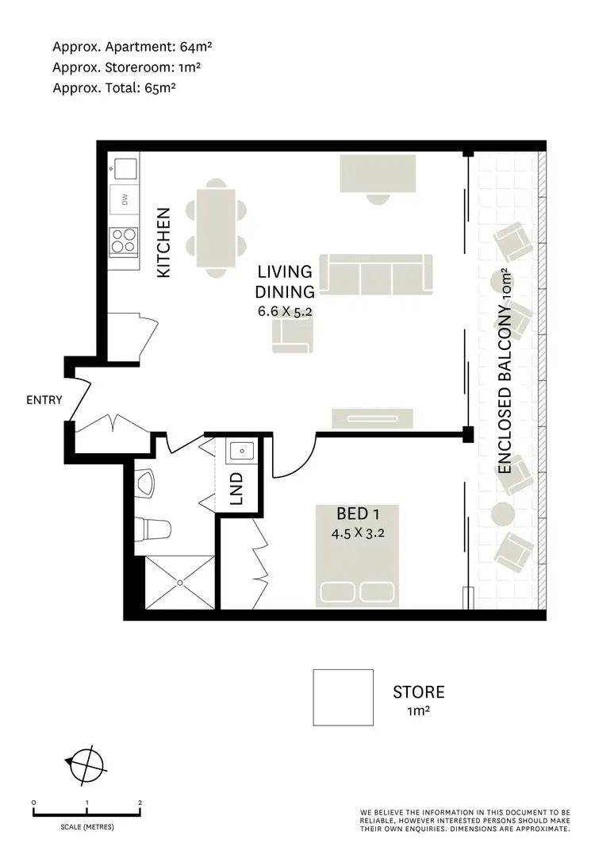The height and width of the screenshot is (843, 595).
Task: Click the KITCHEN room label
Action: (x=163, y=242)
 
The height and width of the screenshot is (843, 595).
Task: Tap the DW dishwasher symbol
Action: (x=125, y=200)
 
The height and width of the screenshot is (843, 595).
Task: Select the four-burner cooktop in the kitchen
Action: (x=125, y=241)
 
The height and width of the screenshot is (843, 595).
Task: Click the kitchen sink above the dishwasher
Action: (x=125, y=167)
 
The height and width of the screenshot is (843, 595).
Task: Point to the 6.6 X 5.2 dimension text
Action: (x=285, y=312)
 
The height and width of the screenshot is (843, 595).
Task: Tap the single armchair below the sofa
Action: (x=292, y=336)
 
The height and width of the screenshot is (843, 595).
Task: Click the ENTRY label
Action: (x=44, y=401)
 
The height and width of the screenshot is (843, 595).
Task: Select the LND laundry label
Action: (x=236, y=490)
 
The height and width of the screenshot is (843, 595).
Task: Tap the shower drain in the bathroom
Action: (x=179, y=583)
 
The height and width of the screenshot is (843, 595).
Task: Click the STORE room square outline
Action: (x=343, y=697)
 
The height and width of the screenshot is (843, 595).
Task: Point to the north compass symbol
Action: (x=85, y=764)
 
